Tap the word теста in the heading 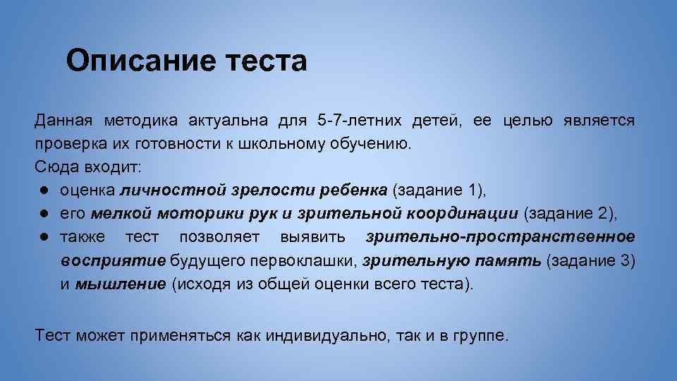[267, 61]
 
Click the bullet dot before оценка [44, 190]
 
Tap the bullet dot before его [44, 214]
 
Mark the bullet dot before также [44, 237]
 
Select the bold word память [508, 260]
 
